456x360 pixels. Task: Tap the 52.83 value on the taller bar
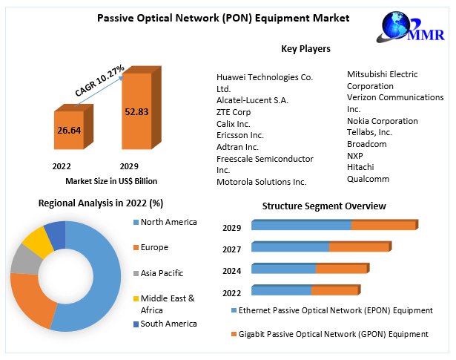pyautogui.click(x=138, y=112)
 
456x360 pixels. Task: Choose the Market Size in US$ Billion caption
pyautogui.click(x=111, y=180)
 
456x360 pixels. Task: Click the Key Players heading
pyautogui.click(x=305, y=49)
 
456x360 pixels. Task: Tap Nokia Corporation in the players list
pyautogui.click(x=382, y=120)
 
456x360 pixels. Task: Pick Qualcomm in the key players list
pyautogui.click(x=368, y=179)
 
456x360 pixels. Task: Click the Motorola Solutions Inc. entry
pyautogui.click(x=261, y=182)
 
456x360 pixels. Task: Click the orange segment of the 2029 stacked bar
pyautogui.click(x=383, y=226)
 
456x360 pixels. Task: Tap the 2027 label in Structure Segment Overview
pyautogui.click(x=232, y=249)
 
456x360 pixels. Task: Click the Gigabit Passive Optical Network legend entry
pyautogui.click(x=331, y=334)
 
